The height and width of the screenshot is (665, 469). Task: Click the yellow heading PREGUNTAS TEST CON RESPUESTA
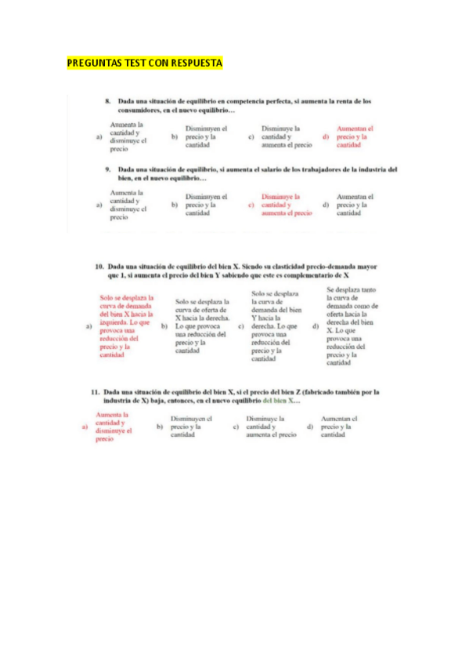pyautogui.click(x=145, y=63)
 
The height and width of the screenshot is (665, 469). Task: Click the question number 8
pyautogui.click(x=109, y=101)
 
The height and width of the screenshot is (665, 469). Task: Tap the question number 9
pyautogui.click(x=109, y=169)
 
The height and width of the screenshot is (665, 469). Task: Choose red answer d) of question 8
pyautogui.click(x=355, y=137)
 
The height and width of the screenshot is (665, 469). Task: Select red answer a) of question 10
pyautogui.click(x=126, y=326)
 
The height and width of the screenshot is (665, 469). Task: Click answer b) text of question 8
pyautogui.click(x=206, y=137)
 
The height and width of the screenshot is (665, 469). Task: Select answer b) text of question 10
pyautogui.click(x=201, y=326)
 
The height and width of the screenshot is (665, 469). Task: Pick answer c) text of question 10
pyautogui.click(x=276, y=326)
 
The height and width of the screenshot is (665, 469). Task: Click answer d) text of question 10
pyautogui.click(x=352, y=326)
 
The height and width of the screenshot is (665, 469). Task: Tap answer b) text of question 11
pyautogui.click(x=191, y=427)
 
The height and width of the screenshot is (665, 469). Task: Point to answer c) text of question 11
pyautogui.click(x=271, y=427)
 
